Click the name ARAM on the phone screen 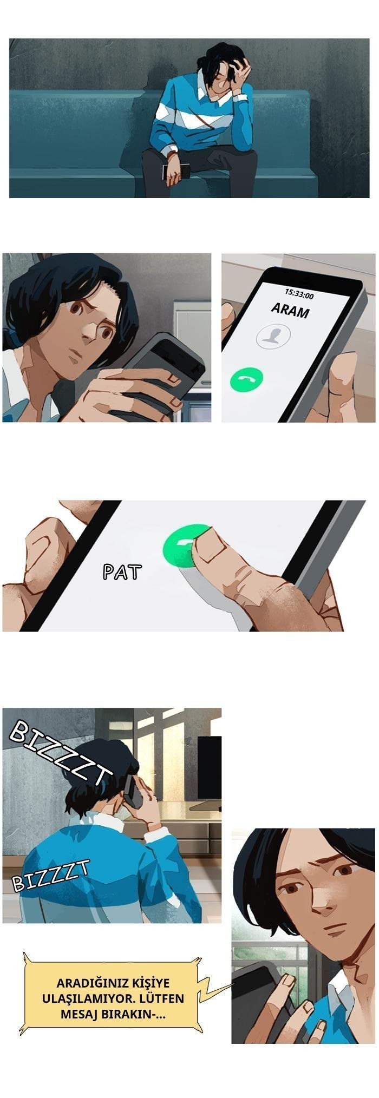290,311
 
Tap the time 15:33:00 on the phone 299,293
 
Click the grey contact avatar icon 273,336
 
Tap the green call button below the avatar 246,379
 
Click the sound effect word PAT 122,571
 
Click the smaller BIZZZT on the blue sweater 50,876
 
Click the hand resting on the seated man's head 239,70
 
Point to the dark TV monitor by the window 209,767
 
